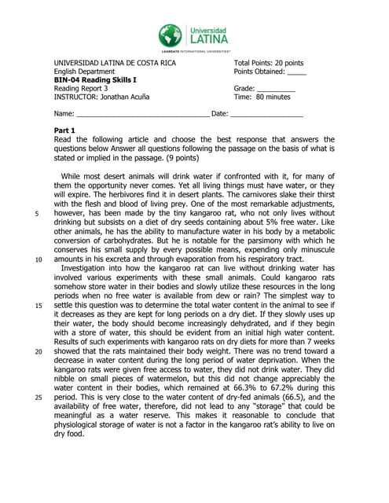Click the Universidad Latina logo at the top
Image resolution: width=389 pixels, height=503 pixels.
point(193,37)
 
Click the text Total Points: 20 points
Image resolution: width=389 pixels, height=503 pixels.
point(269,63)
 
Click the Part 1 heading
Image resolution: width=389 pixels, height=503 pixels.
point(64,130)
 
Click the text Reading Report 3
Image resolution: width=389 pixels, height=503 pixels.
point(80,89)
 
